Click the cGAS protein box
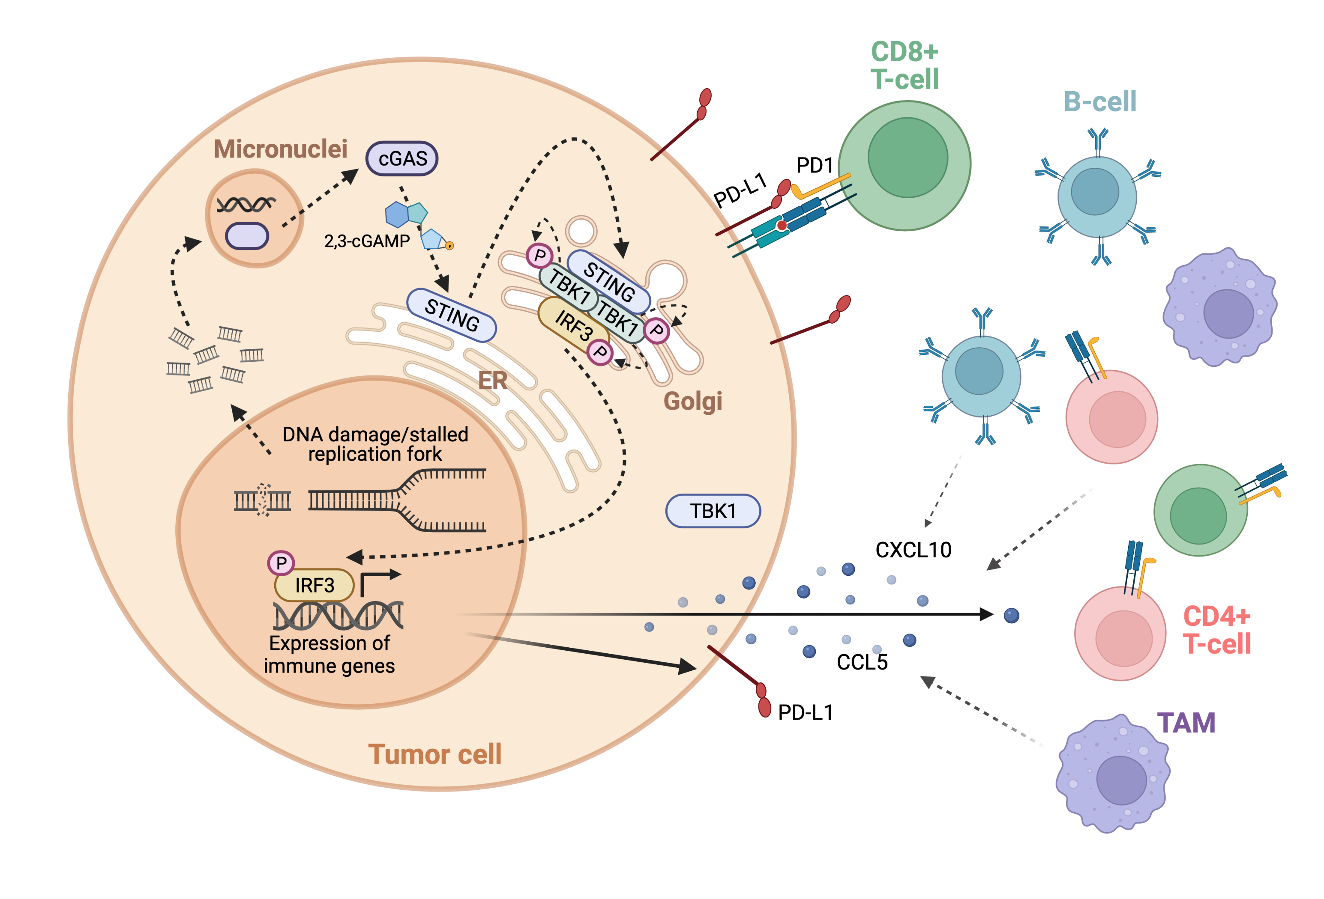coord(401,158)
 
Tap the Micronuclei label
coord(280,149)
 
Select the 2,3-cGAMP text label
coord(367,241)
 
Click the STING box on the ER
coord(452,315)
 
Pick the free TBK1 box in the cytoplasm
coord(713,511)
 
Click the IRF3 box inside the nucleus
coord(315,585)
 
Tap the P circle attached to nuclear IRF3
coord(281,563)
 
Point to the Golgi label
coord(693,401)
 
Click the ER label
coord(492,381)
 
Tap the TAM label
coord(1186,723)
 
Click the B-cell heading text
coord(1099,102)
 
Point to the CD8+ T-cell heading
coord(905,65)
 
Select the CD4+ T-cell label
coord(1216,630)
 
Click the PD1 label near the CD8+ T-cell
coord(815,166)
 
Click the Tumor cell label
coord(434,754)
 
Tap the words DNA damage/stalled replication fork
coord(375,444)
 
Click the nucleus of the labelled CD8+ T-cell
coord(908,158)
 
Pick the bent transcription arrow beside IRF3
coord(378,581)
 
